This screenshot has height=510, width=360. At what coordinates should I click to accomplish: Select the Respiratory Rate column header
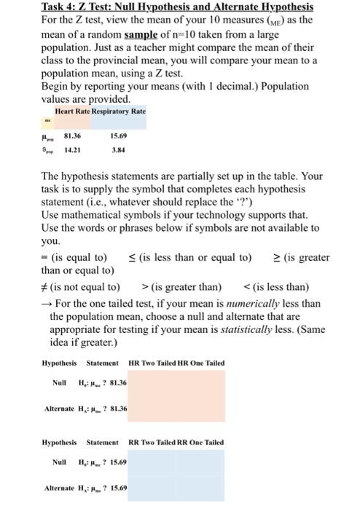(x=117, y=111)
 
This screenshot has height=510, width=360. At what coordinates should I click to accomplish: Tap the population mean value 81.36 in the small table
(x=72, y=136)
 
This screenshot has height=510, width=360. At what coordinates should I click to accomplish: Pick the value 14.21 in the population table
(x=72, y=152)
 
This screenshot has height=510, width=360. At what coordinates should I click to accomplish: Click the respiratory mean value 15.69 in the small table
(x=117, y=136)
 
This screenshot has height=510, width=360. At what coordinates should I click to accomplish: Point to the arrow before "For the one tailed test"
(x=44, y=303)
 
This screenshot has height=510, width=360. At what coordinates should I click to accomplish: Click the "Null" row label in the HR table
(x=60, y=382)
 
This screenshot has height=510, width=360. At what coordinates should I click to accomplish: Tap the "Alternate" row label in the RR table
(x=59, y=487)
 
